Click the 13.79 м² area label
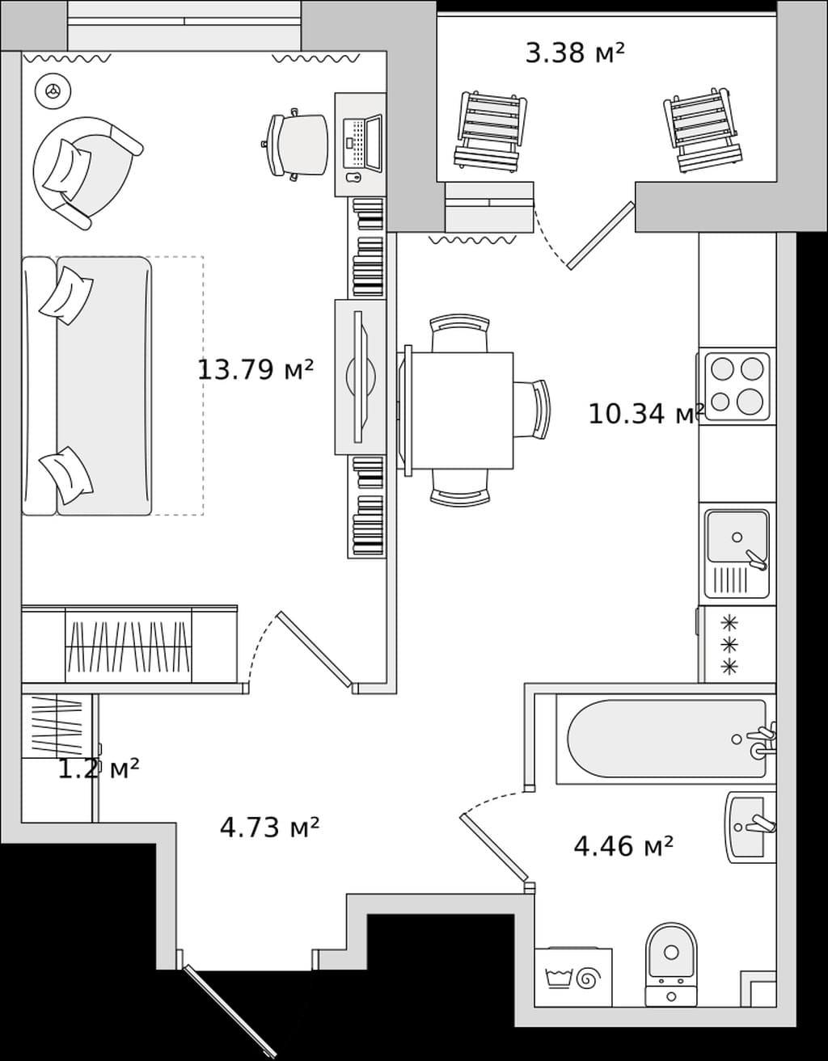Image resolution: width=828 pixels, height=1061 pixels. (x=255, y=369)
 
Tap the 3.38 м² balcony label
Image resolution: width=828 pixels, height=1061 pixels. (x=575, y=53)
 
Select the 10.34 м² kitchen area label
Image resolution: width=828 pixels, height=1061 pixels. (x=646, y=414)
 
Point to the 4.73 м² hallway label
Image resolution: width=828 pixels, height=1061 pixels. (x=269, y=827)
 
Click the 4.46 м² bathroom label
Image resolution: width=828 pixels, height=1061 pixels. (x=623, y=846)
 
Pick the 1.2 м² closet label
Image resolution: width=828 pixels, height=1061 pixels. (x=99, y=769)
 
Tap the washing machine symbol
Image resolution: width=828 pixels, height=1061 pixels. (x=573, y=978)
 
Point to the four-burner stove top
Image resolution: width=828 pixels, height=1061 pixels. (x=736, y=385)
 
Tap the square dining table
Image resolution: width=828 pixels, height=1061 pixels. (x=460, y=411)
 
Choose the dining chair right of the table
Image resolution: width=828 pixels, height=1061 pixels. (x=532, y=410)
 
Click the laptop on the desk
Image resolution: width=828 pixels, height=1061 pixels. (x=362, y=144)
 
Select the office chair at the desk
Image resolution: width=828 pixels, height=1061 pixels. (x=296, y=145)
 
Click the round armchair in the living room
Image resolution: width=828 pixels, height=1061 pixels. (x=85, y=172)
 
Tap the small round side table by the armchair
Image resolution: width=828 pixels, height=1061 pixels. (x=53, y=91)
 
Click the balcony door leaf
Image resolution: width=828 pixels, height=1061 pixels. (x=601, y=235)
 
